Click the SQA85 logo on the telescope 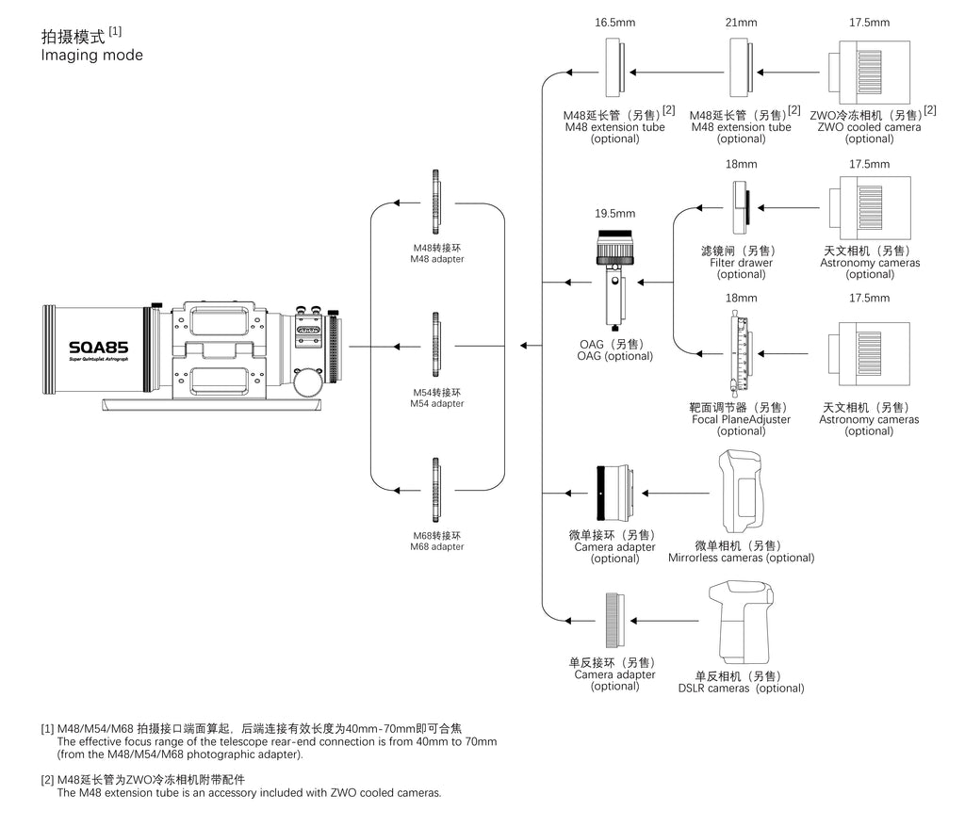pyautogui.click(x=98, y=348)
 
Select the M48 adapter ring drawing pyautogui.click(x=435, y=202)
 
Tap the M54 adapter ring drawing pyautogui.click(x=435, y=345)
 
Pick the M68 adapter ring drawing pyautogui.click(x=435, y=490)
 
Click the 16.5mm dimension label pyautogui.click(x=614, y=23)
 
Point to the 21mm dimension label pyautogui.click(x=741, y=23)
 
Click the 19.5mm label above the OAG pyautogui.click(x=614, y=214)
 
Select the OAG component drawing pyautogui.click(x=614, y=280)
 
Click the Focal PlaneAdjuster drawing pyautogui.click(x=741, y=354)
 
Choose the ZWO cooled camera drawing pyautogui.click(x=869, y=73)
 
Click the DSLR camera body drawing pyautogui.click(x=741, y=622)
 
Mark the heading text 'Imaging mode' pyautogui.click(x=91, y=56)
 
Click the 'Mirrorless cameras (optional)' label pyautogui.click(x=741, y=559)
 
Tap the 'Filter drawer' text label pyautogui.click(x=741, y=263)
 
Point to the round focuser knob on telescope pyautogui.click(x=308, y=382)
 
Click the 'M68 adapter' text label pyautogui.click(x=437, y=546)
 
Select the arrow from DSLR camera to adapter pyautogui.click(x=664, y=621)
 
